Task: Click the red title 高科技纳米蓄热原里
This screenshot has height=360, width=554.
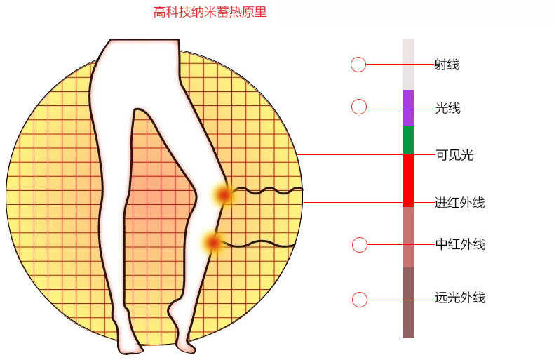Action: point(210,12)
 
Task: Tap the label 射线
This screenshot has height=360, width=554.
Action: point(447,65)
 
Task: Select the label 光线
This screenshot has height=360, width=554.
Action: point(447,108)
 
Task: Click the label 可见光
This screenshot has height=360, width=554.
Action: point(454,155)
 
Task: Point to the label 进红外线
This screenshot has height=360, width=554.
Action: point(459,203)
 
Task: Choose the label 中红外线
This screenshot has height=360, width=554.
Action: point(460,244)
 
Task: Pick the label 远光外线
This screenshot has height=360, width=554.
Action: point(460,298)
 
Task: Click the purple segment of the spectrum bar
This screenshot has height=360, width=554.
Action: point(408,107)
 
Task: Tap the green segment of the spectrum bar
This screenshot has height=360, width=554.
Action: point(408,140)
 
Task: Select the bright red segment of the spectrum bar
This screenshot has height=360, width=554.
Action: point(408,181)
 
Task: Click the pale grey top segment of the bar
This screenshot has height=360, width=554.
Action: point(408,65)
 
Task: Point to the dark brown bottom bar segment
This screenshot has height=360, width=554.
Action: point(408,302)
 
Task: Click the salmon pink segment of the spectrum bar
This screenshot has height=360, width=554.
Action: point(408,237)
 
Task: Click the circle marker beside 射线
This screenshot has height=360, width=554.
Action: point(358,65)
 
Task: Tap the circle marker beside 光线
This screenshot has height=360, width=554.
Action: point(359,107)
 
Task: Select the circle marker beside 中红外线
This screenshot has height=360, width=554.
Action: point(360,245)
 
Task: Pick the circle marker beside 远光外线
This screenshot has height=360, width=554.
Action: point(360,300)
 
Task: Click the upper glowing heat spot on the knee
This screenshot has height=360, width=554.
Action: point(224,195)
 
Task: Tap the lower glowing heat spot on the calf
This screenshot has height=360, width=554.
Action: point(213,243)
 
